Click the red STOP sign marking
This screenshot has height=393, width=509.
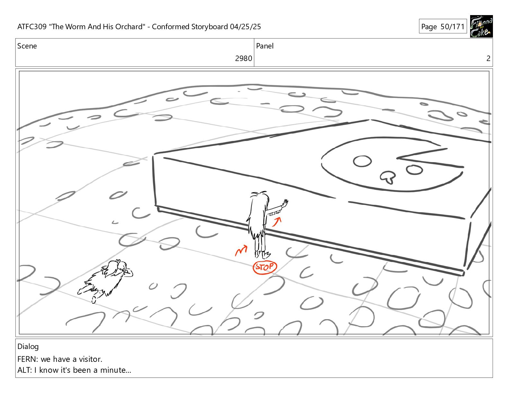point(265,267)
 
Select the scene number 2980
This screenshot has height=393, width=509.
point(243,58)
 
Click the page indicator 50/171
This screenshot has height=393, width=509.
point(452,27)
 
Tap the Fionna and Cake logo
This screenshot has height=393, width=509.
point(481,26)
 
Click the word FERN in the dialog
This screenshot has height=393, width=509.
point(26,359)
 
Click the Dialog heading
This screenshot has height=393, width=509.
point(28,347)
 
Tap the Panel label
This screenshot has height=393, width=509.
point(265,46)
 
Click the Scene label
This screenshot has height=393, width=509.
point(27,46)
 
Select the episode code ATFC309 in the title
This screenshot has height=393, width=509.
point(32,27)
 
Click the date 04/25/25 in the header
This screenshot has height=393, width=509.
point(245,27)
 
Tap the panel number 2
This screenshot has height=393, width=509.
point(488,58)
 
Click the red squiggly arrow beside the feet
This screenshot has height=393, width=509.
point(241,250)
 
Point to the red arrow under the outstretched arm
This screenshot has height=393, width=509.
point(277,222)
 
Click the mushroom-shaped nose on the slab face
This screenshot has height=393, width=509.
point(388,177)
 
